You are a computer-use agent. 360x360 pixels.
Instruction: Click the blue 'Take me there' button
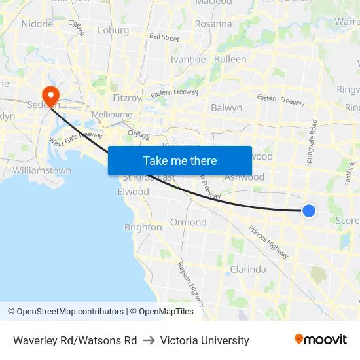pyautogui.click(x=180, y=160)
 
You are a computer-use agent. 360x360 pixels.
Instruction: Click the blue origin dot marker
pyautogui.click(x=309, y=210)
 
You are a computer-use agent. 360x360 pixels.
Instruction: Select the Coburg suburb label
pyautogui.click(x=113, y=30)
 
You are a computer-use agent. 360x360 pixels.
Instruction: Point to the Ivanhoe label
pyautogui.click(x=188, y=59)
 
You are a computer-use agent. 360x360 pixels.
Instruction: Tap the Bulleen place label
pyautogui.click(x=230, y=59)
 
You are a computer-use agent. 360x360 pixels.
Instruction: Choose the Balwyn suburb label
pyautogui.click(x=226, y=107)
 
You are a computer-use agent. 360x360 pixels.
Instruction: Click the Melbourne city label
pyautogui.click(x=112, y=114)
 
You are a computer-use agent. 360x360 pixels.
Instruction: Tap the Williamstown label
pyautogui.click(x=42, y=170)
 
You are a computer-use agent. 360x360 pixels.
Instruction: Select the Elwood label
pyautogui.click(x=133, y=192)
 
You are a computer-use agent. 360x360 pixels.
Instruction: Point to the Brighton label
pyautogui.click(x=143, y=227)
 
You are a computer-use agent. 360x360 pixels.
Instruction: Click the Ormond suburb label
pyautogui.click(x=189, y=222)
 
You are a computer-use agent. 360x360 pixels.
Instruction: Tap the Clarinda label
pyautogui.click(x=248, y=269)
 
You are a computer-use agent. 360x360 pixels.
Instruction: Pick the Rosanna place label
pyautogui.click(x=213, y=24)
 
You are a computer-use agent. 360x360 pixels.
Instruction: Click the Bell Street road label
pyautogui.click(x=164, y=38)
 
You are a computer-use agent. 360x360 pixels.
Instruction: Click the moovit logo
pyautogui.click(x=321, y=340)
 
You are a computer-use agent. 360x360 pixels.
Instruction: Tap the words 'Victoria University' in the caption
pyautogui.click(x=204, y=340)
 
